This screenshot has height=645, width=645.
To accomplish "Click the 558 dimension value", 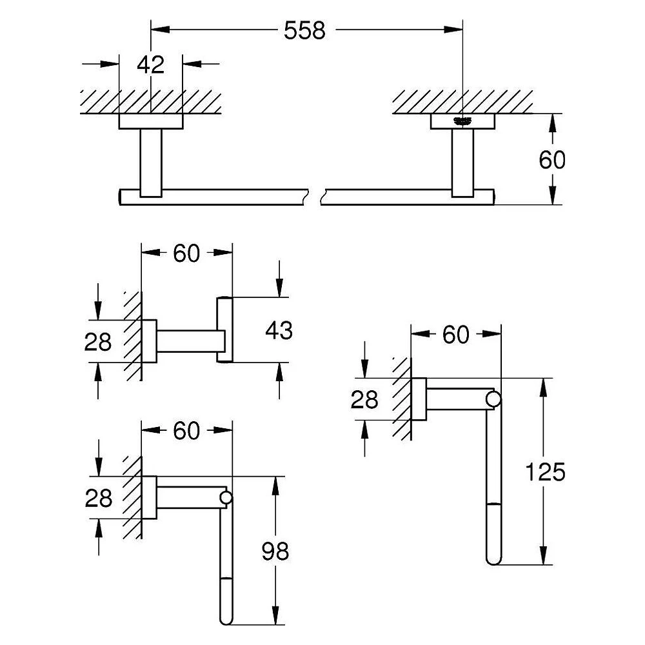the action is point(304,30).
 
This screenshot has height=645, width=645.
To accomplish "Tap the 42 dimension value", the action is point(150,64).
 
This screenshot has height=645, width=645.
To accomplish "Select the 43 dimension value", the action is point(279,330).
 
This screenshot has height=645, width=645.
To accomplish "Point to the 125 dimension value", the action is point(546,472).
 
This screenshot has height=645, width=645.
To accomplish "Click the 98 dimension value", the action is point(275,551).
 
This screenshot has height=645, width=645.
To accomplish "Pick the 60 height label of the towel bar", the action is point(552,159).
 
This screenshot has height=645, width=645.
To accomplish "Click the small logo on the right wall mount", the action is point(462,121).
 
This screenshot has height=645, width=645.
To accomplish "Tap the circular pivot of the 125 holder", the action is point(493,399).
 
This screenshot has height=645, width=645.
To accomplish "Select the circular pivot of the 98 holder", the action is point(226,498).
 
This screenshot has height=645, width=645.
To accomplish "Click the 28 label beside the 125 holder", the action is point(364,399).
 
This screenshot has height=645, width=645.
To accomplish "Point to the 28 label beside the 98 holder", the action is point(98,498).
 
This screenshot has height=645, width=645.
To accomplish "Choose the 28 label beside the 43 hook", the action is point(98,342).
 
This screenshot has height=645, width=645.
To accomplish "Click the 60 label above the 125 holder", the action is point(455,334).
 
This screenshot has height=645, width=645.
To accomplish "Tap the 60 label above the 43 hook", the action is point(186,253).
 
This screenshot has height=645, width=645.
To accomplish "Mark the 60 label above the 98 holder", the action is point(186,431).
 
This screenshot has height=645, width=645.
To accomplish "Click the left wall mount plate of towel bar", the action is point(151,121).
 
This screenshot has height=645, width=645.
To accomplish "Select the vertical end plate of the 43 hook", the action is point(224,330).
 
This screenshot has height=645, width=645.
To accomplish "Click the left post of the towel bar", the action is point(151,163).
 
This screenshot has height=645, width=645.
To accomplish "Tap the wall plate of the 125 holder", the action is point(419,399).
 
